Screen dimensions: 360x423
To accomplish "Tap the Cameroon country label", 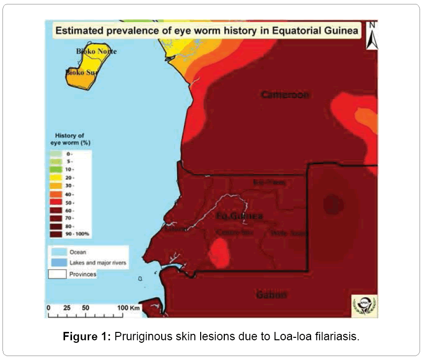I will tap(285, 95).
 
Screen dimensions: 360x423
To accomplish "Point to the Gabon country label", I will tap(271, 295).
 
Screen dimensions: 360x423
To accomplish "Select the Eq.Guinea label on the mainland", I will tap(239, 216).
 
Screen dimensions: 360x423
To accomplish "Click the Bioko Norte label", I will tap(96, 51).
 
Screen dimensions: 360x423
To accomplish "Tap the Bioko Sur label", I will tap(81, 72).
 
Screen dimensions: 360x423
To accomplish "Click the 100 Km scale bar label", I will tap(129, 308).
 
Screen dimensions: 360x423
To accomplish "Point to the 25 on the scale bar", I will tap(68, 308).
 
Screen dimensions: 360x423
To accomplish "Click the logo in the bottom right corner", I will tap(364, 305).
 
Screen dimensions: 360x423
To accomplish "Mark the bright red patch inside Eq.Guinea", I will tap(219, 252).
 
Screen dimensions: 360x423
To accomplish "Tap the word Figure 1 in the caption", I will tap(87, 337).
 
